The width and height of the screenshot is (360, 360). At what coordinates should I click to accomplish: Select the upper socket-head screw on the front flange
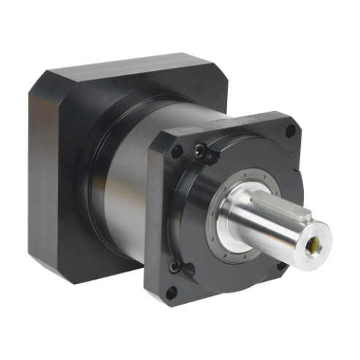pos(200,151)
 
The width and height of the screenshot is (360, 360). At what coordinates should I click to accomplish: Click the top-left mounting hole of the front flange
pos(176,152)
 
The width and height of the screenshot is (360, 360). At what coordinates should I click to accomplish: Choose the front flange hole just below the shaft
pos(280,266)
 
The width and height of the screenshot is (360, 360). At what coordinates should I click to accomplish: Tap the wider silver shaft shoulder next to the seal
pos(241,219)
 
